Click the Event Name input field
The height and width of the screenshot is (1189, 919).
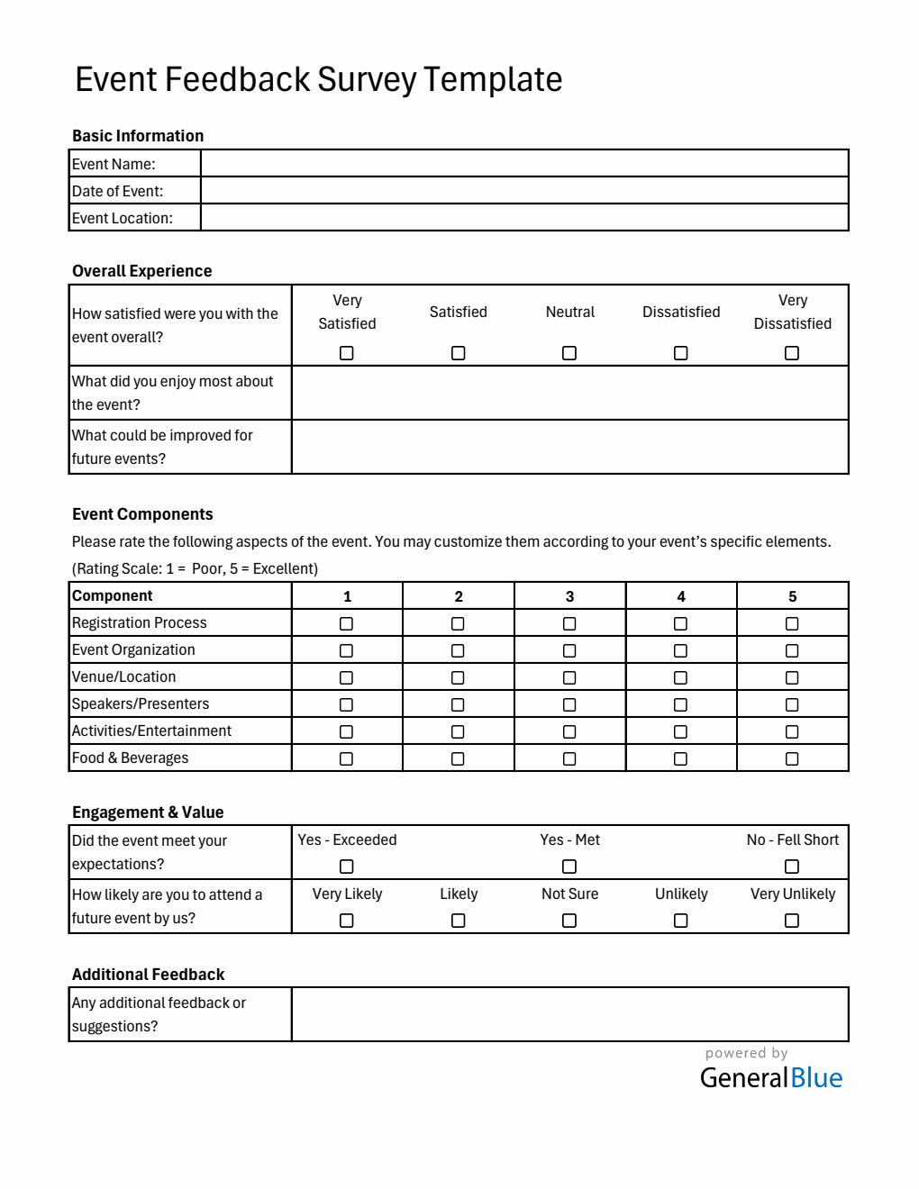tap(524, 163)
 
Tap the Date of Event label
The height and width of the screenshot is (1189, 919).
tap(118, 191)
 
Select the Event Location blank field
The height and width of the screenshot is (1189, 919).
tap(524, 217)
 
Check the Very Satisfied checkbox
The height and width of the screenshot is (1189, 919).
tap(347, 353)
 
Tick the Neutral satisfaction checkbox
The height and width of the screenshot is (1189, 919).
tap(569, 353)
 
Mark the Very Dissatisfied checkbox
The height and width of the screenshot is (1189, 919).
tap(792, 353)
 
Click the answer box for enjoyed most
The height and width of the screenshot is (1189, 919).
tap(569, 393)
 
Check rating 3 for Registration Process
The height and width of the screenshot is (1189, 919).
tap(569, 623)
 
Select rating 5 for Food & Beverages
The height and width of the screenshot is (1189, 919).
tap(792, 758)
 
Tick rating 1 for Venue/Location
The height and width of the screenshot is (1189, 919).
tap(347, 677)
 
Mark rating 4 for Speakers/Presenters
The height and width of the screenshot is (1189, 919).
tap(680, 704)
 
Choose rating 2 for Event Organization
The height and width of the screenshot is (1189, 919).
tap(458, 650)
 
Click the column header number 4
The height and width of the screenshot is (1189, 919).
tap(681, 596)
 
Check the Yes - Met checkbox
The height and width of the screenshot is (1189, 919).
tap(569, 867)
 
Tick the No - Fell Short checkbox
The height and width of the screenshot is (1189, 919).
tap(792, 867)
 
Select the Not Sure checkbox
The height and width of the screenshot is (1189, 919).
tap(569, 921)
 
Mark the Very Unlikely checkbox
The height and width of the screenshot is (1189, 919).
tap(792, 921)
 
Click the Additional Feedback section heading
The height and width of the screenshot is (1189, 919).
tap(149, 975)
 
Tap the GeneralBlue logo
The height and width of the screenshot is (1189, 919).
tap(771, 1077)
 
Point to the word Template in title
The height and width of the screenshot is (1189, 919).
tap(493, 80)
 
